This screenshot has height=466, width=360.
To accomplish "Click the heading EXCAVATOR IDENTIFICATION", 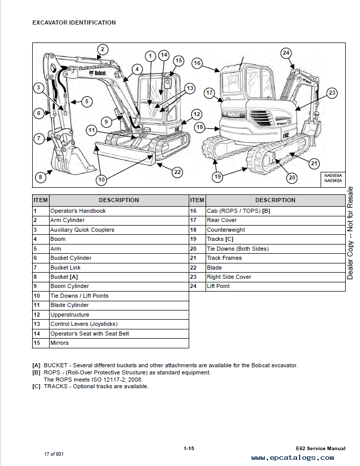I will [74, 23].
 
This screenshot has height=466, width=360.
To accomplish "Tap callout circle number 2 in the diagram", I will [102, 50].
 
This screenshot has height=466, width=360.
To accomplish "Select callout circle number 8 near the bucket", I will [40, 177].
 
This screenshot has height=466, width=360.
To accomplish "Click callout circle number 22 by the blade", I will [177, 172].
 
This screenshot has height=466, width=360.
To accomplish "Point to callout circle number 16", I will [197, 63].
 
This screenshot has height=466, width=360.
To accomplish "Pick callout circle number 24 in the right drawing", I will [286, 53].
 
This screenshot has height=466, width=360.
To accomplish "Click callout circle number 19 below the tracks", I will [218, 177].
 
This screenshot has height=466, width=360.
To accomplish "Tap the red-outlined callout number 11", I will [92, 130].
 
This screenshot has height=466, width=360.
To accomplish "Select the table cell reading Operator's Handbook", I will [78, 211].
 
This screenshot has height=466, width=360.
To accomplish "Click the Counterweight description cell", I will [226, 230].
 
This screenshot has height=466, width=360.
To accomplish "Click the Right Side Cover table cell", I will [229, 277].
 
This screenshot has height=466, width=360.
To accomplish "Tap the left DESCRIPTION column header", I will [119, 200].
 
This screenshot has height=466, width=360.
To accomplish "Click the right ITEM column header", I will [197, 200].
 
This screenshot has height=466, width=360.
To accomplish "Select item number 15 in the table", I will [37, 343].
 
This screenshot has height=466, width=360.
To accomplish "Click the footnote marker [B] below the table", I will [36, 372].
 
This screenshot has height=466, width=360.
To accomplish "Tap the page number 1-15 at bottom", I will [189, 449].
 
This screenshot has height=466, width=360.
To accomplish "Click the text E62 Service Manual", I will [320, 449].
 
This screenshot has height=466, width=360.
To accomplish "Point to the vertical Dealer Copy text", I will [350, 233].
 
